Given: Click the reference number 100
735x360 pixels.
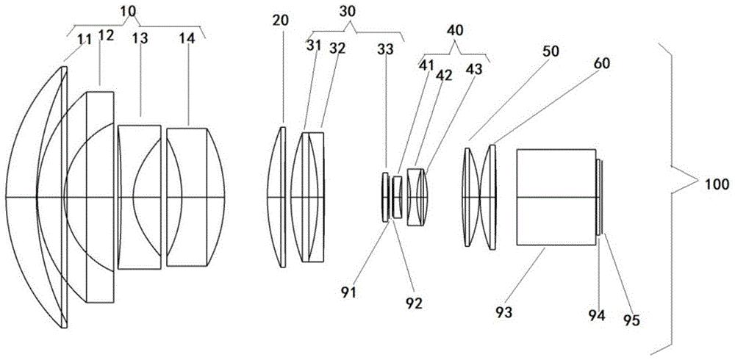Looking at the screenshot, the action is click(716, 184).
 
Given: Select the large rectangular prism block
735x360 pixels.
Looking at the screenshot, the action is click(556, 197).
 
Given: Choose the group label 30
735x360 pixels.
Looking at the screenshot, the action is click(348, 12).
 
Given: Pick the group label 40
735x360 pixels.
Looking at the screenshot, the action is click(454, 30).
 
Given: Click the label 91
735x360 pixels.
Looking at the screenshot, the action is click(348, 292).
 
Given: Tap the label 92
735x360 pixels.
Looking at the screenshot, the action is click(414, 303).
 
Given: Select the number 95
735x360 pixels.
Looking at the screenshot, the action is click(631, 320).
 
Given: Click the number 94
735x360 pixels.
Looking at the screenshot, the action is click(598, 315).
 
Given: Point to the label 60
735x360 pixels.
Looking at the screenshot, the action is click(602, 64).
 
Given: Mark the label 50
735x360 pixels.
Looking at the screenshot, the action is click(551, 51).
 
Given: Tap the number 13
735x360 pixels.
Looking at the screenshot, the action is click(139, 38).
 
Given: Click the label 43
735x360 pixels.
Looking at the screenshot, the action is click(473, 69).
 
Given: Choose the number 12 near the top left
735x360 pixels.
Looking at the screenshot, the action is click(106, 35).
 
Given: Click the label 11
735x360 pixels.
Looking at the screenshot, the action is click(85, 40).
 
